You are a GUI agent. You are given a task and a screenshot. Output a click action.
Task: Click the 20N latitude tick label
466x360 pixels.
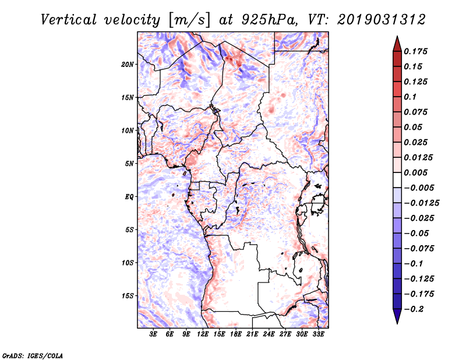[x=128, y=65]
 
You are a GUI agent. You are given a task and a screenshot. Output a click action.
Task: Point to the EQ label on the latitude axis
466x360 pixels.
[x=129, y=197]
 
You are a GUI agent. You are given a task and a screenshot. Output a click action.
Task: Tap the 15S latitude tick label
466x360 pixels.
[x=128, y=296]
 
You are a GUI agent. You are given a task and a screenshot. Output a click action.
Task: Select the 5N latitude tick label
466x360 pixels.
[x=129, y=164]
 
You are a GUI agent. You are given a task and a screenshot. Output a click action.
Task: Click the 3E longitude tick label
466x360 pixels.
[x=153, y=334]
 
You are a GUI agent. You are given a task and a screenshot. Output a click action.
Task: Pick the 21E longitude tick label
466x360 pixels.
[x=252, y=334]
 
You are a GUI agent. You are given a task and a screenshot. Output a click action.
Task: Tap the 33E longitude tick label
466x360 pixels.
[x=318, y=334]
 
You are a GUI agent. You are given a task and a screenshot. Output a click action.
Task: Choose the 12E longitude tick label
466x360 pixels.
[x=203, y=334]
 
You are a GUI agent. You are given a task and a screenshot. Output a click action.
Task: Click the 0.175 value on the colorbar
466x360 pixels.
[x=415, y=51]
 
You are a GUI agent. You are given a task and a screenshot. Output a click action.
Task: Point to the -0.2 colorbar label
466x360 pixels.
[x=414, y=309]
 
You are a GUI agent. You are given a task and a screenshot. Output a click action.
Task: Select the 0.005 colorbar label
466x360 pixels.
[x=415, y=172]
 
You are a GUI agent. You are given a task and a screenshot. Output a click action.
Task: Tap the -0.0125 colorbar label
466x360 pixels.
[x=421, y=203]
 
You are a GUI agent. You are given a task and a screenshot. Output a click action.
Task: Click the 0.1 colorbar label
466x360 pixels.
[x=410, y=97]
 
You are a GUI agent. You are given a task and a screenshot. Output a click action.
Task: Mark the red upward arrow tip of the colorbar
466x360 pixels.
[x=397, y=37]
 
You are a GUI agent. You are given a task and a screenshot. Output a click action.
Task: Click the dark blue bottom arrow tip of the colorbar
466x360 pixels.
[x=397, y=323]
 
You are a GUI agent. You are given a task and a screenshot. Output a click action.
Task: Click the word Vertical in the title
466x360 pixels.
[x=69, y=20]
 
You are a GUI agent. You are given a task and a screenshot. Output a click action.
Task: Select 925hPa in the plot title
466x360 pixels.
[x=269, y=20]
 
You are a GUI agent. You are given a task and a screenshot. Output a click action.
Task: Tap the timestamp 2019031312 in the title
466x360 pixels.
[x=382, y=20]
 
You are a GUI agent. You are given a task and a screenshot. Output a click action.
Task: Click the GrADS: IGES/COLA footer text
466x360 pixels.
[x=33, y=356]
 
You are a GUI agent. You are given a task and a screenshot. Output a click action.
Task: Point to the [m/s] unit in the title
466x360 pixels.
[x=190, y=20]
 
